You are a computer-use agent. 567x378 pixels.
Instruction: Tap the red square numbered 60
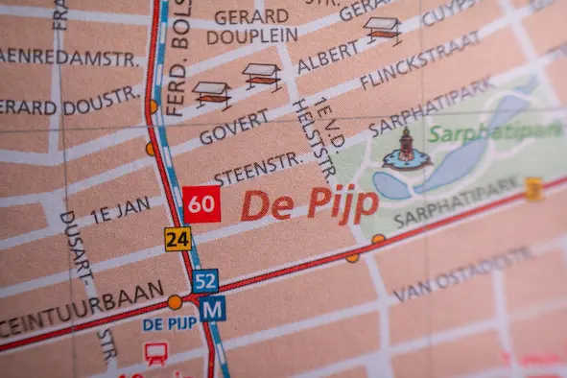click(x=201, y=204)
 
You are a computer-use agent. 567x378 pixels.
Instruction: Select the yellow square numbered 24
click(x=177, y=239)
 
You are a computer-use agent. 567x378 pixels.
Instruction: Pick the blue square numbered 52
click(x=204, y=281)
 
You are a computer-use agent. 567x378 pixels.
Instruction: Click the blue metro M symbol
click(x=213, y=309)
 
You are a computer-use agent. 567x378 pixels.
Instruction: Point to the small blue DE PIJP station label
click(x=170, y=324)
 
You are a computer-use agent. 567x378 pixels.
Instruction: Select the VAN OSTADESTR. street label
click(x=463, y=274)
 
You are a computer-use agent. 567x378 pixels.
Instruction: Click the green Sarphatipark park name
click(x=495, y=132)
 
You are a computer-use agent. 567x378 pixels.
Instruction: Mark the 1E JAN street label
click(x=120, y=209)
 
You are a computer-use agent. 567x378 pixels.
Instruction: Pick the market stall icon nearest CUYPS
click(x=383, y=29)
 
